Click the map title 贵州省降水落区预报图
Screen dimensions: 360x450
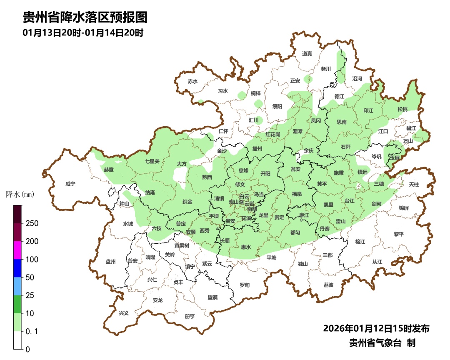(85, 17)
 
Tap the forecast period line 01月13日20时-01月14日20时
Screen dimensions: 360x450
(83, 33)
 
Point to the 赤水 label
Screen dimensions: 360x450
(192, 81)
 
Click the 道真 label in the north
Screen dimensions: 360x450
(307, 53)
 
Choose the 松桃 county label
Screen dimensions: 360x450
(402, 109)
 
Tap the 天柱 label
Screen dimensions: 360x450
(414, 184)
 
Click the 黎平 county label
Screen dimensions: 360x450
(399, 234)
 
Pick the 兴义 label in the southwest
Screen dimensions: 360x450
(124, 313)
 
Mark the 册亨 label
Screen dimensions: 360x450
(190, 316)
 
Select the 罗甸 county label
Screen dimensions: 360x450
(245, 285)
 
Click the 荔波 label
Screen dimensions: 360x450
(328, 285)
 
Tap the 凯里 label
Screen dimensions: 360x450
(328, 205)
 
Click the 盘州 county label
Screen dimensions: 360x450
(110, 262)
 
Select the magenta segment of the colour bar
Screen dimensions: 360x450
(17, 250)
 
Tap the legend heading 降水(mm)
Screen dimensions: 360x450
(20, 194)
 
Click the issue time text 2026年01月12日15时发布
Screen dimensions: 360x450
(376, 328)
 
